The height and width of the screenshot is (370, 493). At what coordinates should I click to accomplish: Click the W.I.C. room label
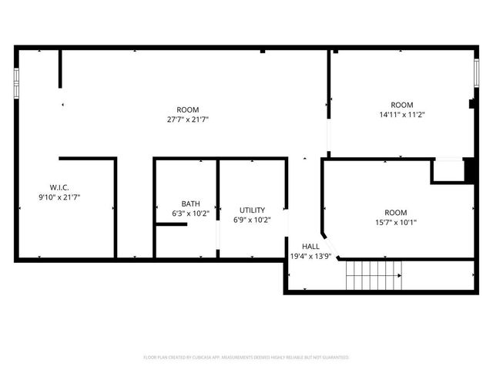point(59,187)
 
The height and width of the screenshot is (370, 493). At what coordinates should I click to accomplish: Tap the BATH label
point(190,203)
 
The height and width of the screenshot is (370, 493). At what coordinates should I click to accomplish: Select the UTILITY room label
point(252,210)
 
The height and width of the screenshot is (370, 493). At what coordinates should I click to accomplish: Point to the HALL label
point(310,246)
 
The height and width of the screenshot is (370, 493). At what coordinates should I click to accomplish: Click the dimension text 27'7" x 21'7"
point(188,119)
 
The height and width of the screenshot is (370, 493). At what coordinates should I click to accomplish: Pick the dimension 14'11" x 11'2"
point(402,115)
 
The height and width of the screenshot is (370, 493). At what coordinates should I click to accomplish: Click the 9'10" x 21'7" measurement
point(59,197)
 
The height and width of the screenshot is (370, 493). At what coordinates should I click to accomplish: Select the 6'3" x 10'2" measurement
point(190,214)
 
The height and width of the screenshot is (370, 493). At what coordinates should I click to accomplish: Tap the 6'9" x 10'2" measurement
point(252,220)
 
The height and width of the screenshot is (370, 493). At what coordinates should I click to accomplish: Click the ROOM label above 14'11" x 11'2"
point(402,105)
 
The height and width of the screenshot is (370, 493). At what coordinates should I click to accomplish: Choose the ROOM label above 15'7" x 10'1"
point(396,213)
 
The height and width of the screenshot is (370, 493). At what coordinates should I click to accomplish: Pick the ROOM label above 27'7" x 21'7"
point(188,109)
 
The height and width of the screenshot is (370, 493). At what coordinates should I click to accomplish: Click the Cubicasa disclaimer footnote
point(246,358)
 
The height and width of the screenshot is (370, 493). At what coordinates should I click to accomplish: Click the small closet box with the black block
point(450,170)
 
